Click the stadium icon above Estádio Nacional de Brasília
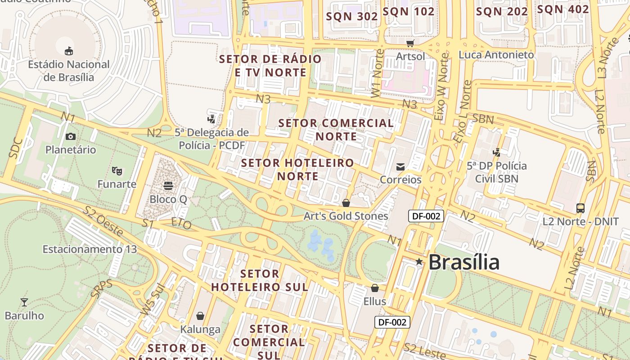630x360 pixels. pos(69,50)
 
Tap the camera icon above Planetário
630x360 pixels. pos(71,136)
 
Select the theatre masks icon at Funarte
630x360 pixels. pos(117,171)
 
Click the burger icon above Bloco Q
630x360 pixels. pos(168,185)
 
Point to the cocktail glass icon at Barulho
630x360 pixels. pos(24,302)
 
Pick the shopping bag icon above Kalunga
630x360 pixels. pos(200,316)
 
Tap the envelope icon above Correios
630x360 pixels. pos(400,167)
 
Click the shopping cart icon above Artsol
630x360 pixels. pos(410,43)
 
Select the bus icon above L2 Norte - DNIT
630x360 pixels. pos(580,208)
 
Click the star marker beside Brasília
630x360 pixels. pos(419,261)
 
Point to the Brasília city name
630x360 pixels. pos(464,262)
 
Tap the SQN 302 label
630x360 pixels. pos(352,17)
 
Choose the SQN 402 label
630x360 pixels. pos(563,9)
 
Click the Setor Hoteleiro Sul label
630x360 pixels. pos(260,280)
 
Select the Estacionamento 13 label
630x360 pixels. pos(90,249)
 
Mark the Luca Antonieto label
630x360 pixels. pos(496,55)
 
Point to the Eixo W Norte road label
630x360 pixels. pos(442,87)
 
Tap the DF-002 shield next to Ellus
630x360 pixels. pos(392,322)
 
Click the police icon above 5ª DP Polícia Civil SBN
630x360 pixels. pos(497,152)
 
